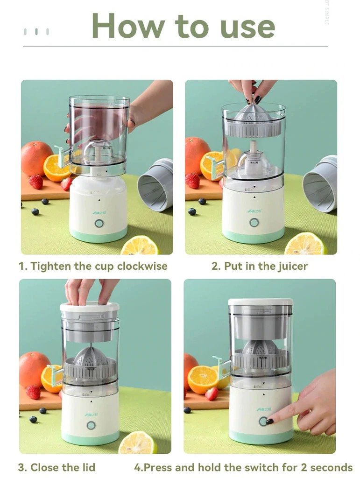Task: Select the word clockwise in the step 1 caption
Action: pyautogui.click(x=142, y=267)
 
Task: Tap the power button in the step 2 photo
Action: pyautogui.click(x=254, y=223)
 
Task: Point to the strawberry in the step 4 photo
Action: pyautogui.click(x=212, y=394)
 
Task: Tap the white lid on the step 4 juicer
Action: pyautogui.click(x=260, y=302)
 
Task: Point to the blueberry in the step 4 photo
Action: pyautogui.click(x=187, y=410)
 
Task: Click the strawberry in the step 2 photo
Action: pyautogui.click(x=192, y=180)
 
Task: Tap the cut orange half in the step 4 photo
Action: pyautogui.click(x=202, y=379)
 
